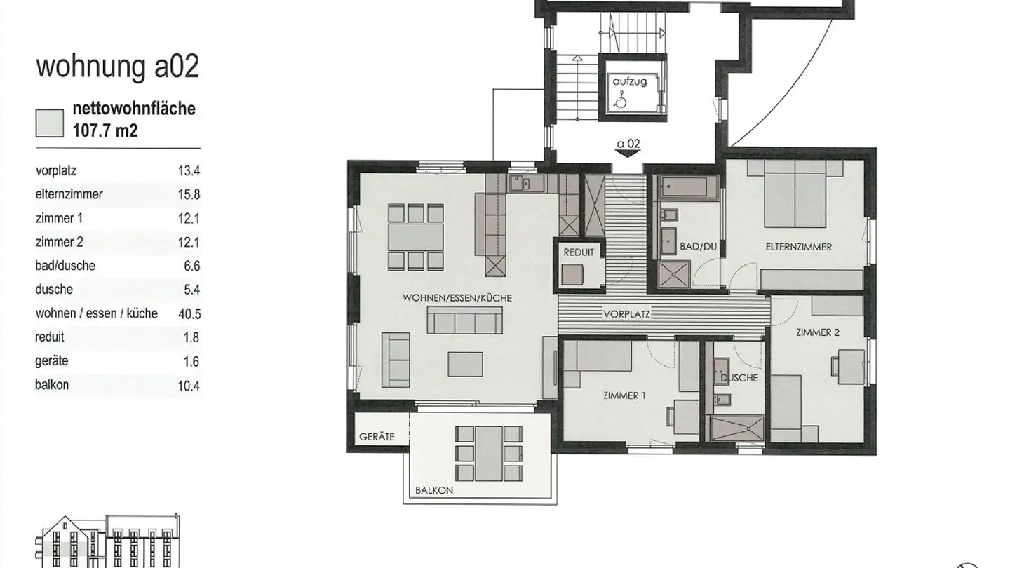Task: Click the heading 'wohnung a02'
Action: (118, 67)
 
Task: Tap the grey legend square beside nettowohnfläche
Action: (50, 123)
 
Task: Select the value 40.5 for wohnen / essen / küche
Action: (189, 313)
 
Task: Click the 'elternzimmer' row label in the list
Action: (69, 194)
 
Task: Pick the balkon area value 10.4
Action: (189, 386)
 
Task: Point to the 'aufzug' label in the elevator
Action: (629, 82)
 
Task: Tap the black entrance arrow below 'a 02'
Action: (628, 154)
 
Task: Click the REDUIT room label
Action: (579, 252)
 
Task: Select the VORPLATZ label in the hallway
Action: (627, 314)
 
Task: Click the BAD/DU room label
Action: (698, 247)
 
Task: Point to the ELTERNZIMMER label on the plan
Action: (798, 247)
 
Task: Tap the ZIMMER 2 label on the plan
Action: (818, 332)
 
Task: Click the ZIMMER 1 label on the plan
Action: (624, 395)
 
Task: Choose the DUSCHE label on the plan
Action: (739, 378)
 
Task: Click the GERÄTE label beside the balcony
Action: (377, 437)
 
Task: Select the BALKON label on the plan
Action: (434, 490)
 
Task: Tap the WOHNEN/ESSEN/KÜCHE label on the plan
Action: (457, 298)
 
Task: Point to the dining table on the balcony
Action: (488, 454)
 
